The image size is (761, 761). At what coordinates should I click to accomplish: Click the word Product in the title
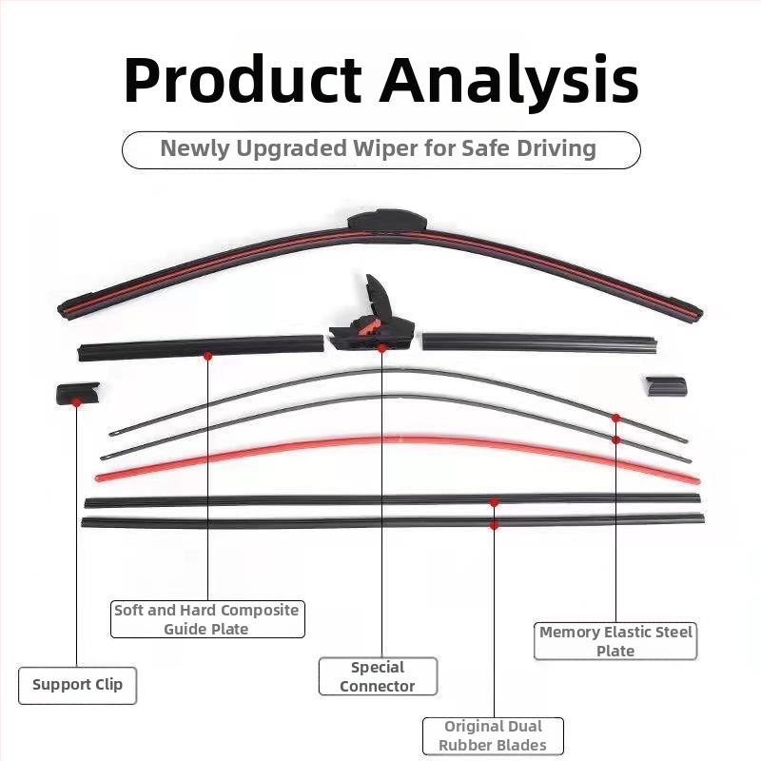click(243, 80)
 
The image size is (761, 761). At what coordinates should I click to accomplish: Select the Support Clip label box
click(78, 685)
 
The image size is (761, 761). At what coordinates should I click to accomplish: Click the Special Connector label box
click(378, 676)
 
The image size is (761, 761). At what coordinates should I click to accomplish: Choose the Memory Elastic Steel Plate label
click(615, 641)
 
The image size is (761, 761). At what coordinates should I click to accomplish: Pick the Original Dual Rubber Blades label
click(493, 735)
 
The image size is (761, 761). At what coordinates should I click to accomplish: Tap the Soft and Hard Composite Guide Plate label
click(207, 619)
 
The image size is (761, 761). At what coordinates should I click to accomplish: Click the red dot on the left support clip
click(76, 402)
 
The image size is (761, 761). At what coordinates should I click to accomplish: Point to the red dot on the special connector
click(382, 348)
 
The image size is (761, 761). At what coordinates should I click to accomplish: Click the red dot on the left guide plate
click(207, 356)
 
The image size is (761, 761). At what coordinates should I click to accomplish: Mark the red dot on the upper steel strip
click(615, 418)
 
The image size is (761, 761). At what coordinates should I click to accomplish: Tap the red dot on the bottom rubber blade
click(494, 525)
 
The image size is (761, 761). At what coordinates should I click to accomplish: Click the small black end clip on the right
click(667, 386)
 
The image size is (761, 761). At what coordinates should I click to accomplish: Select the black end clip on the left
click(78, 393)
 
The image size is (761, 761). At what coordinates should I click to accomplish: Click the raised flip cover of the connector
click(379, 296)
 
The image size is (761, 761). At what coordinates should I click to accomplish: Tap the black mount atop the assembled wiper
click(387, 221)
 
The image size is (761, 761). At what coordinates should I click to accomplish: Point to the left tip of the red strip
click(98, 478)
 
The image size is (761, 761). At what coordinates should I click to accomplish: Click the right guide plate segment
click(539, 341)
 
